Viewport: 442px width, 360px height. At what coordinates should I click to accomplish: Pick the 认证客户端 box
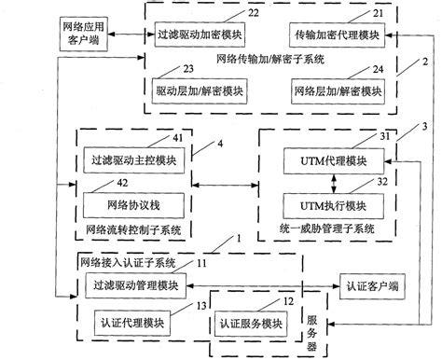point(372,284)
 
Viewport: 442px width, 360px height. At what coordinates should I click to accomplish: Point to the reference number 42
point(121,183)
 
